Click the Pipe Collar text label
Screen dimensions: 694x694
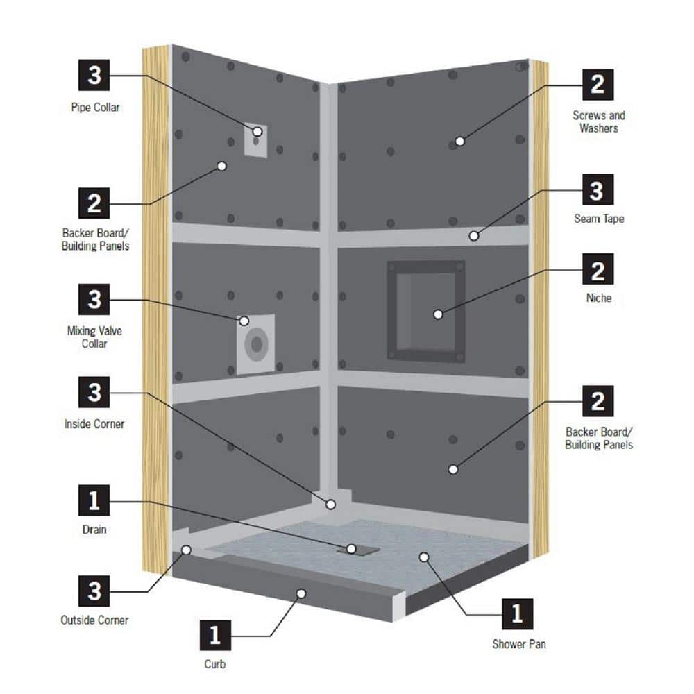pyautogui.click(x=94, y=108)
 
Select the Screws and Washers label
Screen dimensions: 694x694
pyautogui.click(x=598, y=121)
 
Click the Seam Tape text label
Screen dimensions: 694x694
pyautogui.click(x=598, y=219)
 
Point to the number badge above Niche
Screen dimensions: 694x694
pyautogui.click(x=598, y=269)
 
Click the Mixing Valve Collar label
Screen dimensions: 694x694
pyautogui.click(x=94, y=337)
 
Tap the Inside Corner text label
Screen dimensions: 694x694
pyautogui.click(x=94, y=423)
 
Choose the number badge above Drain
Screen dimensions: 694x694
pyautogui.click(x=94, y=500)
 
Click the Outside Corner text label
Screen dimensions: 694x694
pyautogui.click(x=94, y=620)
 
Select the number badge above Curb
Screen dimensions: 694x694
pyautogui.click(x=216, y=634)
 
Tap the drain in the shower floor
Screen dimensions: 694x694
pyautogui.click(x=360, y=549)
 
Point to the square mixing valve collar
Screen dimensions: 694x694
pyautogui.click(x=257, y=345)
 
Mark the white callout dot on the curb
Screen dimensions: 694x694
pyautogui.click(x=301, y=593)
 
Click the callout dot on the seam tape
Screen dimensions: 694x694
pyautogui.click(x=473, y=235)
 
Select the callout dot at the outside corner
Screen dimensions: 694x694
pyautogui.click(x=187, y=550)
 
